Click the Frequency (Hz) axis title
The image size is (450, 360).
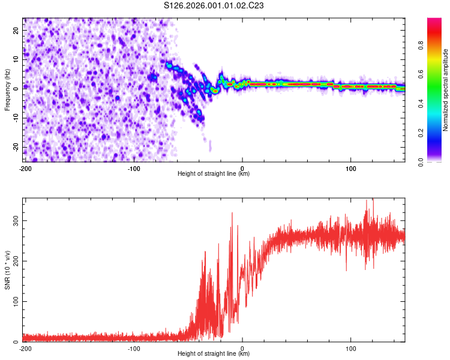click(8, 90)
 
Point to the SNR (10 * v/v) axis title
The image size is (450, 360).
click(8, 270)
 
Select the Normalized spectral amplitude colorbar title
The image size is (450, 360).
click(445, 90)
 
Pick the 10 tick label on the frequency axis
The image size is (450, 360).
click(16, 58)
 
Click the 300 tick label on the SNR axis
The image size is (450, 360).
click(14, 221)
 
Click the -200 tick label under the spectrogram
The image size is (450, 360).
click(25, 168)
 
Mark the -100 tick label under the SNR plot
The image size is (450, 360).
click(133, 348)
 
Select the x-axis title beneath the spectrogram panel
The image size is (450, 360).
click(214, 174)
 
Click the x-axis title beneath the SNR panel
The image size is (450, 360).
click(214, 354)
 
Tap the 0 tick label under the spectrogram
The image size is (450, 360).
click(242, 168)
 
